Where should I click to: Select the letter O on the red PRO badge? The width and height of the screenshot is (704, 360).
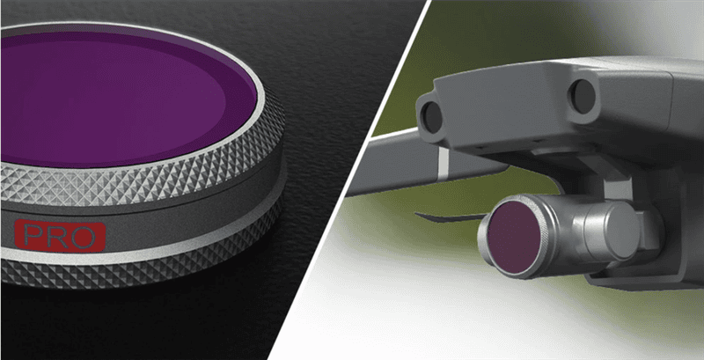point(83,236)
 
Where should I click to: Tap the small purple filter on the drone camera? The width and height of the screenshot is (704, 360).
point(514,237)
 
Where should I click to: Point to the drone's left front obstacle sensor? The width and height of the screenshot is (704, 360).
point(432,118)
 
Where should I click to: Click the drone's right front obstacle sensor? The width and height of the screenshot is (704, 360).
point(583,96)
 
